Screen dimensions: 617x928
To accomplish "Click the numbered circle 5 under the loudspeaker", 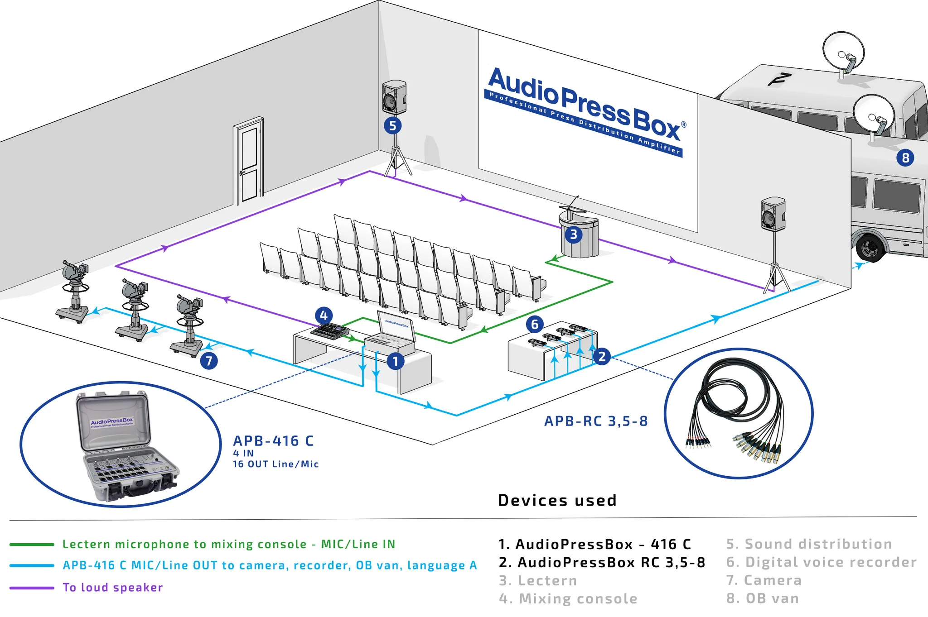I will pos(392,125).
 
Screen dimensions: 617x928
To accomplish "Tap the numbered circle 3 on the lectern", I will pos(574,234).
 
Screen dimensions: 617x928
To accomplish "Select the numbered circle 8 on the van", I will pos(905,158).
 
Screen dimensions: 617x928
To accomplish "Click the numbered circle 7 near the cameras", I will pos(209,361).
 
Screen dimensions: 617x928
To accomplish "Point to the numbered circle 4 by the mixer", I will pos(324,316).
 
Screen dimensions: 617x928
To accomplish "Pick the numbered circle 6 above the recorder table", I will pos(535,324).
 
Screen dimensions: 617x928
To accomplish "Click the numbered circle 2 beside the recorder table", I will pos(602,356).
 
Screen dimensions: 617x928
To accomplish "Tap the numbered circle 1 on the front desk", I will pos(396,361).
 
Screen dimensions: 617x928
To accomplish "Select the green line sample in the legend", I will pos(32,544).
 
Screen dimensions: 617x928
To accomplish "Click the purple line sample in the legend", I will pos(32,588).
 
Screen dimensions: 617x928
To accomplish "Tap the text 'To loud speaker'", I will pos(112,588).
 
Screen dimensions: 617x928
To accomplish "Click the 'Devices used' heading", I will pos(557,500).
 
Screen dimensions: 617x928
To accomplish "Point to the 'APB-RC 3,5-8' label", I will pos(596,421).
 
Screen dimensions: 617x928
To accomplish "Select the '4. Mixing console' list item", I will pos(568,599).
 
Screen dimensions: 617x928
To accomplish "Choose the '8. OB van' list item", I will pos(763,598).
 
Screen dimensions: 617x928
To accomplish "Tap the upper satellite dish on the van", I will pos(843,51).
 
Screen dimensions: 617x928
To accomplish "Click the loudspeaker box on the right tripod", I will pos(773,214).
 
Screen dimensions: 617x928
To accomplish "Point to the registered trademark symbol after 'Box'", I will pos(684,124).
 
